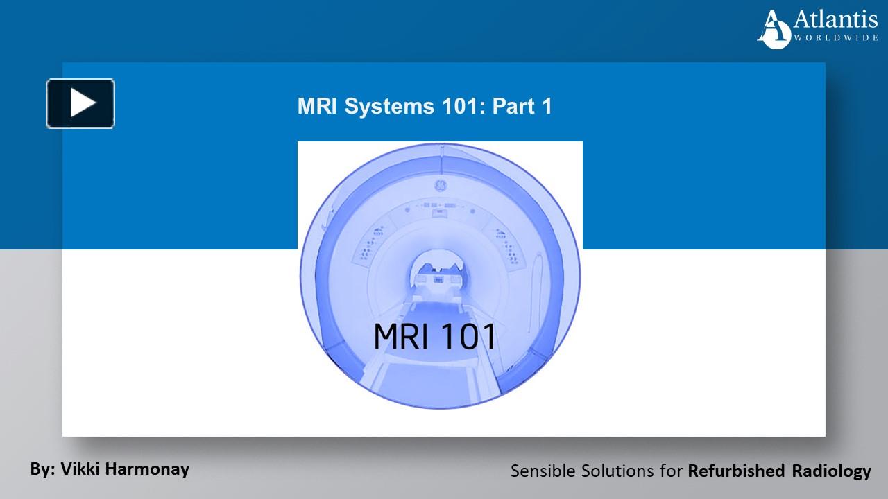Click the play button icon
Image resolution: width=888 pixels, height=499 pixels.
pyautogui.click(x=80, y=104)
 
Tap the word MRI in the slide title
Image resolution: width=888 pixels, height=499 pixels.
pyautogui.click(x=316, y=107)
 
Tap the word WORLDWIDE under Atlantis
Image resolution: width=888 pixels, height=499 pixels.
pyautogui.click(x=836, y=38)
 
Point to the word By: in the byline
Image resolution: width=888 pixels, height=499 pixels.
pyautogui.click(x=43, y=469)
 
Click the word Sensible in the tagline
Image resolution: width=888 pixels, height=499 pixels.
pyautogui.click(x=540, y=471)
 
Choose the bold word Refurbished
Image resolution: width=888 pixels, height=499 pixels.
pyautogui.click(x=737, y=471)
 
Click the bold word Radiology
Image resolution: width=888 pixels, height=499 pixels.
pyautogui.click(x=831, y=471)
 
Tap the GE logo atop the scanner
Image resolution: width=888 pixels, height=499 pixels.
pyautogui.click(x=439, y=185)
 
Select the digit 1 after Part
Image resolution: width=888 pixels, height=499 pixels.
pyautogui.click(x=546, y=107)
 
